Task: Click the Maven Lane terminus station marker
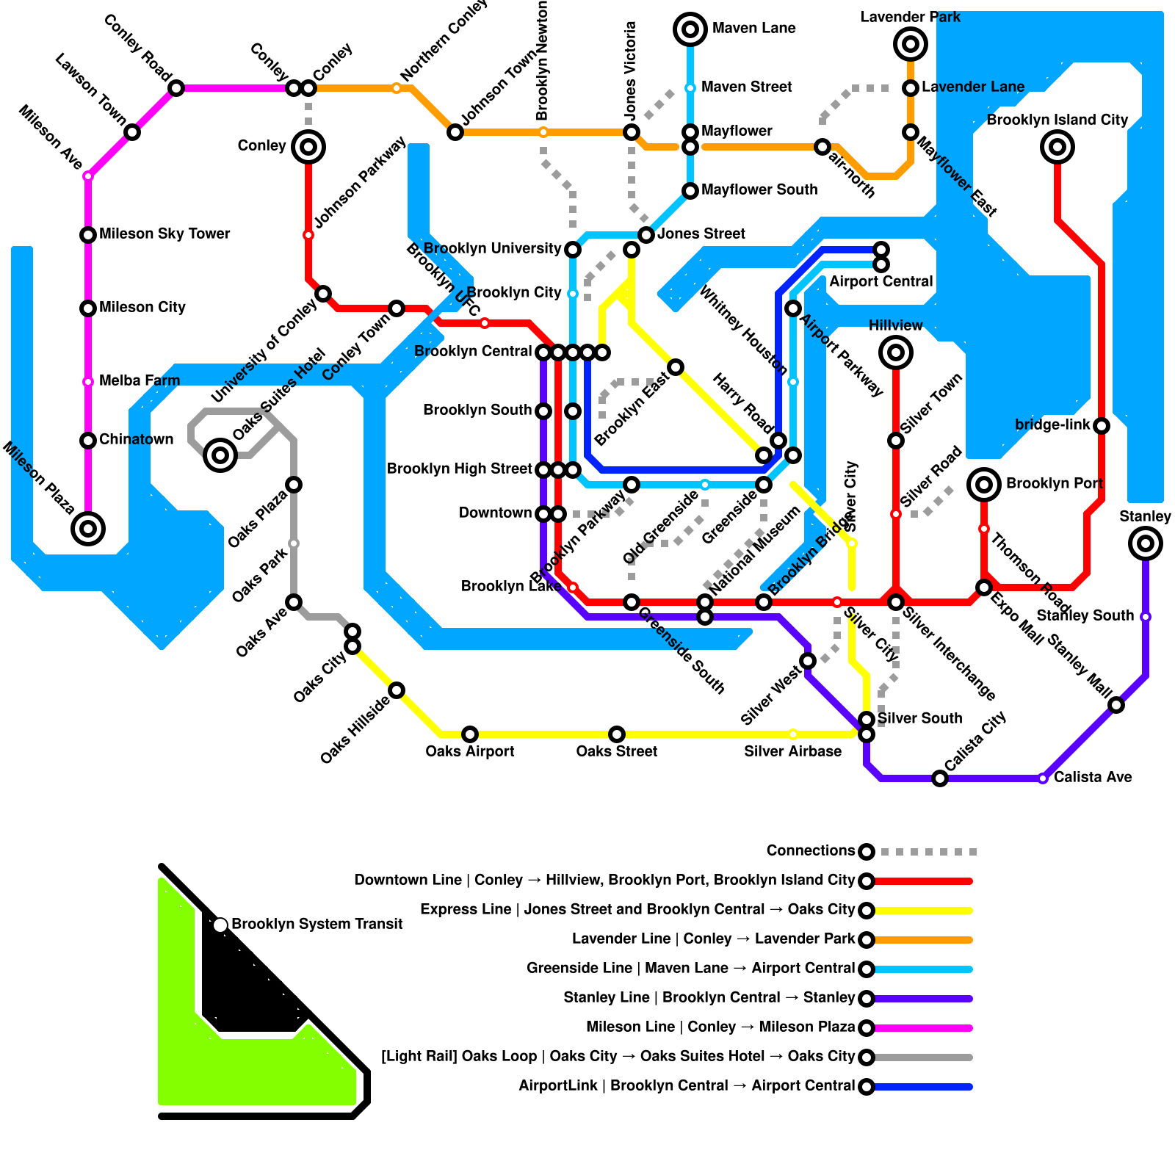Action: click(690, 29)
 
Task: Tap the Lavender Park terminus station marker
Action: click(911, 44)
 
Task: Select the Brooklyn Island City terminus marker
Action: click(1057, 147)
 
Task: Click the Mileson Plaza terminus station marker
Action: click(88, 529)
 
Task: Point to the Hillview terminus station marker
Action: click(896, 352)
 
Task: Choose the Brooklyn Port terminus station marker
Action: click(984, 485)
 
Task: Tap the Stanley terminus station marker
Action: click(1146, 543)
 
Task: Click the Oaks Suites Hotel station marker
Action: click(220, 455)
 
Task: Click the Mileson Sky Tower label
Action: click(164, 234)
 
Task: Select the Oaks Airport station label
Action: click(470, 751)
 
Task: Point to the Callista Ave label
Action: click(1093, 777)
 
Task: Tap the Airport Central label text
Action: click(881, 281)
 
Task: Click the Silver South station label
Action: click(919, 718)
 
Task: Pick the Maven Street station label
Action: click(746, 87)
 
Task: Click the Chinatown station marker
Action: click(88, 441)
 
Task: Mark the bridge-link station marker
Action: click(1102, 426)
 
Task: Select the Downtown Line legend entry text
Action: click(604, 880)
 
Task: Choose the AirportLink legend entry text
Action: click(687, 1085)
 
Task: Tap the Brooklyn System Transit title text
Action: click(317, 924)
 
